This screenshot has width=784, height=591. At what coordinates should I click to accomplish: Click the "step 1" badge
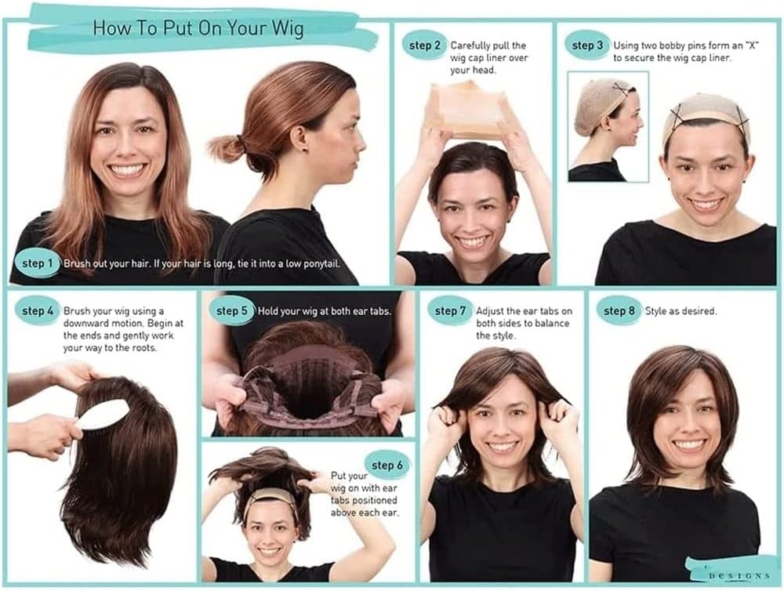(x=37, y=263)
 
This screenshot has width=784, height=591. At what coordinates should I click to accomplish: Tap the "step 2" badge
(x=424, y=45)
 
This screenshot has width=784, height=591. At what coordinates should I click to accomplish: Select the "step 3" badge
(x=587, y=45)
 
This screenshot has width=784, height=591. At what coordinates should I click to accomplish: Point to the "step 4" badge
(x=38, y=311)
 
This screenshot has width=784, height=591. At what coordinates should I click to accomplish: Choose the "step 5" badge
(x=231, y=311)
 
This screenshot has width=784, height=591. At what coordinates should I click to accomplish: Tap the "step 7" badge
(x=450, y=311)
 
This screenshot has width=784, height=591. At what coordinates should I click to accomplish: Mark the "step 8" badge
(x=619, y=311)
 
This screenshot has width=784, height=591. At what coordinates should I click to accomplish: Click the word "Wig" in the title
(x=288, y=28)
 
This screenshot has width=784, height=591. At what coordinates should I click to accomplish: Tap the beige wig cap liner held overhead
(x=470, y=111)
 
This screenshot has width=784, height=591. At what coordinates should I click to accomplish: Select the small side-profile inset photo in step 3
(x=608, y=126)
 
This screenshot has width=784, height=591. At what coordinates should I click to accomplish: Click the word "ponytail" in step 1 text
(x=320, y=263)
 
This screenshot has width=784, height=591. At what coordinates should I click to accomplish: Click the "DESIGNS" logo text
(x=739, y=576)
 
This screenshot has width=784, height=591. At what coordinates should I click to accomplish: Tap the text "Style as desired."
(x=681, y=311)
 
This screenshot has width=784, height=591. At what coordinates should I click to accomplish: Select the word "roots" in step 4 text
(x=143, y=347)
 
